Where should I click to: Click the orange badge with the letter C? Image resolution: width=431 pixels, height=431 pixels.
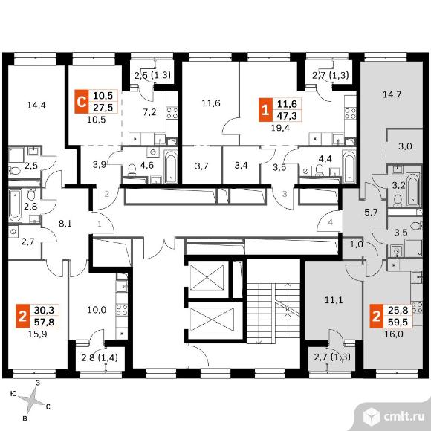point(81,102)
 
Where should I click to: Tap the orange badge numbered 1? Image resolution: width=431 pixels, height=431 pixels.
point(265,110)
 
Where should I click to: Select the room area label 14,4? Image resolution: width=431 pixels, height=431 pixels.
point(36,105)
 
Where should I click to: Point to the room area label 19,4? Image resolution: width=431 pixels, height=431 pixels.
point(280,128)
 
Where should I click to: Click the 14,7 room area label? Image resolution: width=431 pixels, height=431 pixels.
point(392,95)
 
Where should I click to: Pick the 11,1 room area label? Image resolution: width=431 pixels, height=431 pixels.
point(334,300)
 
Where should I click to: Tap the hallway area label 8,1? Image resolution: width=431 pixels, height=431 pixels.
point(65,224)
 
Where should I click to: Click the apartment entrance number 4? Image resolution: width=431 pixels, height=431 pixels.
point(331,222)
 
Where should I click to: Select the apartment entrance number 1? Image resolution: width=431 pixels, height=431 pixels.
point(100,224)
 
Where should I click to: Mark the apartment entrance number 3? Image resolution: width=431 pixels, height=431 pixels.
point(285,194)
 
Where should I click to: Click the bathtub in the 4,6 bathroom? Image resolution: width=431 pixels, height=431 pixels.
point(171,166)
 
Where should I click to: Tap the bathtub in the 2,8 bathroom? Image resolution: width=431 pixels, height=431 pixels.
point(15,206)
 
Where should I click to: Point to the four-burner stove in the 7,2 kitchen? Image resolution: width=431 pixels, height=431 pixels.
point(172,113)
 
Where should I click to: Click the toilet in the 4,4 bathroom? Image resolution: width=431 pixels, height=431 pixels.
point(320,169)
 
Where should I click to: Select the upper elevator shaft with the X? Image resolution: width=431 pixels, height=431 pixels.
point(207,277)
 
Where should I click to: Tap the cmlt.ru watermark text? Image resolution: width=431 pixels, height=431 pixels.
point(404,417)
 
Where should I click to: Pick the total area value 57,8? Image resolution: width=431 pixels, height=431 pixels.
point(45,322)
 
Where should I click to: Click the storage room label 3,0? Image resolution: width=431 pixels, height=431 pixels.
point(405,146)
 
